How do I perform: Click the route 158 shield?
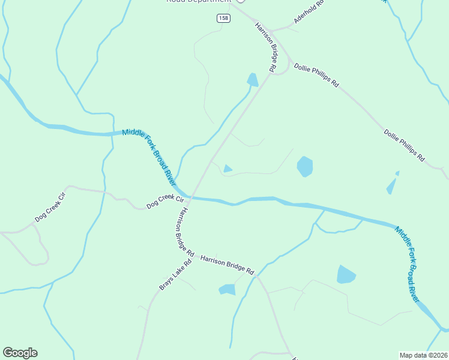(223, 19)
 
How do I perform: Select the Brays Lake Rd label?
(175, 275)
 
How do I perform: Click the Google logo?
(20, 353)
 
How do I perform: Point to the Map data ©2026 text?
(423, 355)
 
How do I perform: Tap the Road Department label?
(198, 1)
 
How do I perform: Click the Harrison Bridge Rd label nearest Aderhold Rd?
(265, 47)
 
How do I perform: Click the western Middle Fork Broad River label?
(149, 157)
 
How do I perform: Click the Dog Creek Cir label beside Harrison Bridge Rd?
(164, 202)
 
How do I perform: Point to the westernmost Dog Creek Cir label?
(49, 207)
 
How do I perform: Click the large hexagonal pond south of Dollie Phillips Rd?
(305, 166)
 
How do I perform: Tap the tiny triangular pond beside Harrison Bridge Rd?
(228, 169)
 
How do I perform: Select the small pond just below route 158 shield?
(253, 80)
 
